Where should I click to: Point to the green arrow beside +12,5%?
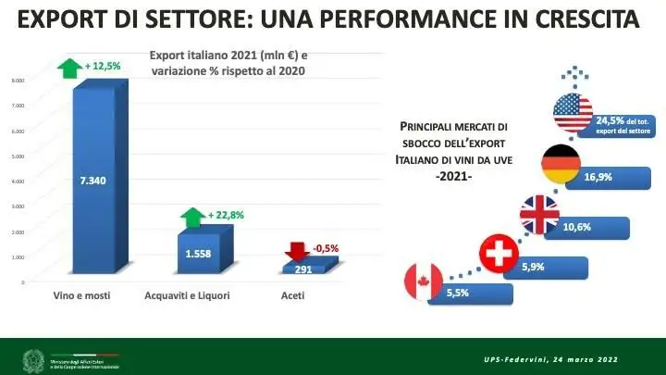coord(70,67)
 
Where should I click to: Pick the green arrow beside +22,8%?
coord(192,218)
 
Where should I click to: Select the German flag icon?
coord(561,165)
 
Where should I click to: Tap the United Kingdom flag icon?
coord(539,215)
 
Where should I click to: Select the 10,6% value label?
coord(576,227)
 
